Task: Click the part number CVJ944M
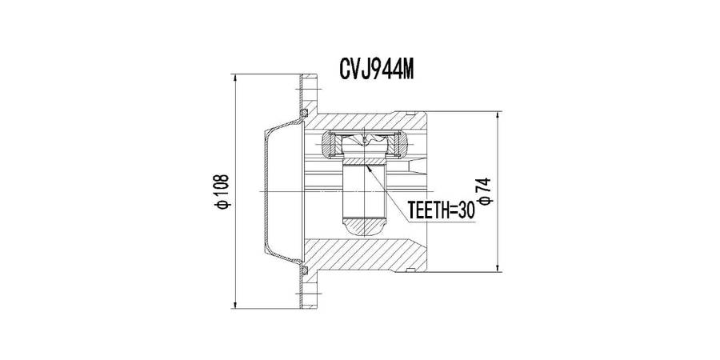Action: click(x=376, y=70)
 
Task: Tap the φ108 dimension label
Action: click(x=222, y=191)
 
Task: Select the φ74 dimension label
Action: click(x=485, y=191)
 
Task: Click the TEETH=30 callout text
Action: click(x=440, y=210)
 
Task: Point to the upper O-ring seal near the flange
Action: click(x=303, y=113)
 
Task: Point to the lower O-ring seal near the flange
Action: click(x=303, y=270)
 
